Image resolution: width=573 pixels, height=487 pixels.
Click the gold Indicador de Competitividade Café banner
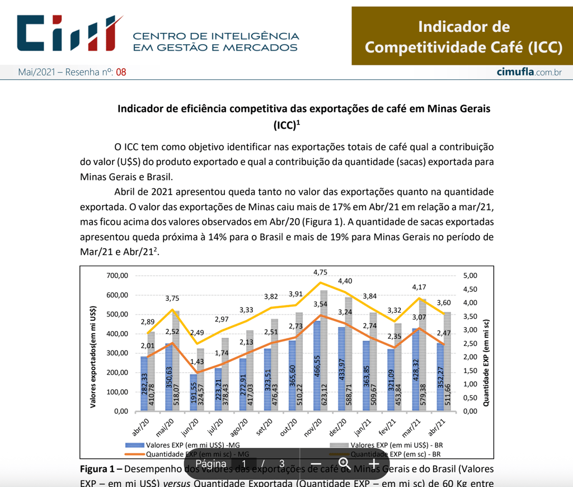(x=462, y=36)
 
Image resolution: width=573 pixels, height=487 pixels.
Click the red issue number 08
(x=121, y=72)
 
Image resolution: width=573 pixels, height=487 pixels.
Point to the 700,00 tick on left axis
(x=118, y=276)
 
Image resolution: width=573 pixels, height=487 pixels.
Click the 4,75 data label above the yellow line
(x=321, y=272)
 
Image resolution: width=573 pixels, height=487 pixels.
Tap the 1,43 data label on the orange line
(x=197, y=362)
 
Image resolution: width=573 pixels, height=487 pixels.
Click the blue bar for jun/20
(x=193, y=393)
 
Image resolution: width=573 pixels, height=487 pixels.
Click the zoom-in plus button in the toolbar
(x=373, y=464)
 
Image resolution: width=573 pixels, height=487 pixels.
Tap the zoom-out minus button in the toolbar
(x=316, y=464)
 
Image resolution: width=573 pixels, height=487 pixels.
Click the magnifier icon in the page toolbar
(x=344, y=464)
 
